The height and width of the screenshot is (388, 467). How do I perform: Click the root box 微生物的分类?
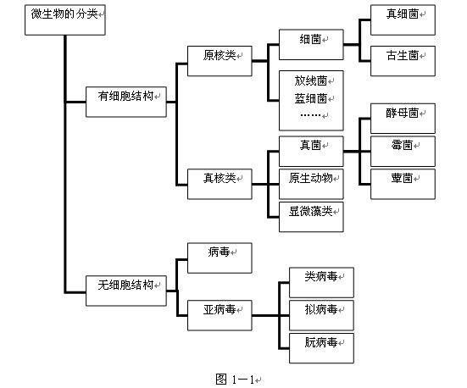[x=65, y=20]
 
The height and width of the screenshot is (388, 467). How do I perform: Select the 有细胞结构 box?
[x=126, y=102]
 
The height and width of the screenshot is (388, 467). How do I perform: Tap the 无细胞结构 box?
[x=126, y=291]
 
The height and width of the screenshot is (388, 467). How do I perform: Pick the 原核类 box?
[x=220, y=61]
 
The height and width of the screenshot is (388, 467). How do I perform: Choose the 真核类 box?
[x=220, y=184]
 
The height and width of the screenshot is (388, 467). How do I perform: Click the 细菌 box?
[x=311, y=44]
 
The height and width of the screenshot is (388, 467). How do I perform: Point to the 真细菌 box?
[x=403, y=20]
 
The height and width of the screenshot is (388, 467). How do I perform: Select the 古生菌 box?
[x=403, y=61]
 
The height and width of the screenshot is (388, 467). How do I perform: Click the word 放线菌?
[x=311, y=80]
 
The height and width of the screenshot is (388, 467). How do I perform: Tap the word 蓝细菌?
[x=311, y=98]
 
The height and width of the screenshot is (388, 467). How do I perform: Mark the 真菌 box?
[x=311, y=152]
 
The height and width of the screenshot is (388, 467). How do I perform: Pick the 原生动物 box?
[x=311, y=184]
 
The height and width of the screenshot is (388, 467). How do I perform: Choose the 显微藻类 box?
[x=311, y=217]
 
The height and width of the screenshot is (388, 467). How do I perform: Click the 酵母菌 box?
[x=403, y=119]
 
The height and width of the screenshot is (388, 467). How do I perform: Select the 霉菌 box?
[x=403, y=152]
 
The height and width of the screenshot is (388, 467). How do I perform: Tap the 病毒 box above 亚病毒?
[x=220, y=258]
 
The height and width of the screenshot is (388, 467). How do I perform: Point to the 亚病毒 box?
[x=220, y=315]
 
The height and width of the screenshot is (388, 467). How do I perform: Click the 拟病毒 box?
[x=321, y=315]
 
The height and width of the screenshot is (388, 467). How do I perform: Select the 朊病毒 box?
[x=321, y=348]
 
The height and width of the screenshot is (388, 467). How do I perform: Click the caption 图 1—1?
[x=235, y=379]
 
